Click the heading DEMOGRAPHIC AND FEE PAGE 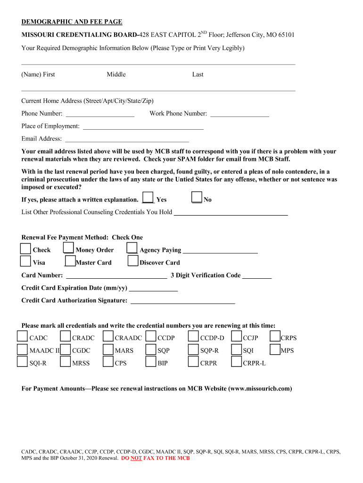(72, 22)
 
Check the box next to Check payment (25, 248)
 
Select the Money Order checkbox (68, 248)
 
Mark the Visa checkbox (25, 261)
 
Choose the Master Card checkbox (70, 261)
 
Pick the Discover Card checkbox (133, 261)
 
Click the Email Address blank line (127, 140)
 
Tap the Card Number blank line (116, 277)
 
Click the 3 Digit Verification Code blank (257, 277)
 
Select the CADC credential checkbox (22, 336)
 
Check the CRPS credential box (275, 336)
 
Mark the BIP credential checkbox (151, 362)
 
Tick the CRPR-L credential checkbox (236, 362)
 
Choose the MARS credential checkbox (108, 349)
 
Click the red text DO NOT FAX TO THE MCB (156, 458)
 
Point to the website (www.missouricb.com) (260, 389)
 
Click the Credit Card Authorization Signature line (182, 302)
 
